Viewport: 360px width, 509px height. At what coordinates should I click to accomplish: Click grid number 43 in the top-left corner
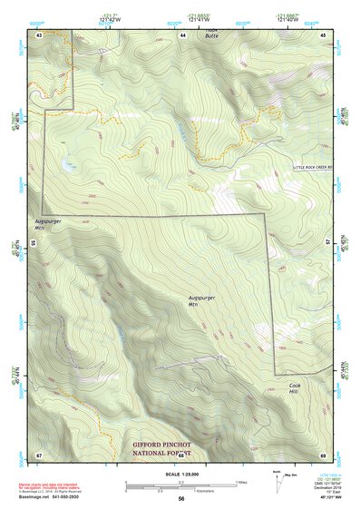[39, 34]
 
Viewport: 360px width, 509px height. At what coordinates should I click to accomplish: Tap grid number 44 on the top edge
[182, 34]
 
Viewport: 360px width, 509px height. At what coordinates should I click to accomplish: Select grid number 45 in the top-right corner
[325, 34]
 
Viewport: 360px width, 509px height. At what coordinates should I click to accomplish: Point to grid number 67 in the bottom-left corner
[39, 454]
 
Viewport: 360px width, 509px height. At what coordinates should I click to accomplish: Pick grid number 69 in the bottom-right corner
[324, 454]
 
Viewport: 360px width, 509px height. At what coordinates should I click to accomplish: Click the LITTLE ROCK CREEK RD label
[313, 168]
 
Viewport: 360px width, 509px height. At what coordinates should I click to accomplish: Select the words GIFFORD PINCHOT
[166, 445]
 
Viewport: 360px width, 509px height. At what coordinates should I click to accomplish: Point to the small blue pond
[67, 164]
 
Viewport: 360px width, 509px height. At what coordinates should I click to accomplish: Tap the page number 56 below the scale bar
[181, 499]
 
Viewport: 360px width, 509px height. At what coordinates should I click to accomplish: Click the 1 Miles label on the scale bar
[241, 482]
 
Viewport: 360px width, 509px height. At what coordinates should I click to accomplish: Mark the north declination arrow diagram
[277, 481]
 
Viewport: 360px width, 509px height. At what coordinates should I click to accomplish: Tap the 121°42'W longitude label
[110, 17]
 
